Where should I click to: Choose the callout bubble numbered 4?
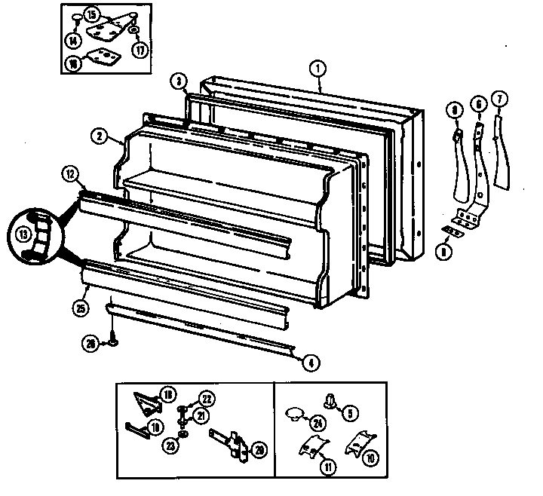(x=309, y=362)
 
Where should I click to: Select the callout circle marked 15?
(x=91, y=14)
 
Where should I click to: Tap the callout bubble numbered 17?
(x=140, y=51)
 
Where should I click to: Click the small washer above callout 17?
(x=133, y=32)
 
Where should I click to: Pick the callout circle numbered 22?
(x=205, y=398)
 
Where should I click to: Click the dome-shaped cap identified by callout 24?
(x=294, y=414)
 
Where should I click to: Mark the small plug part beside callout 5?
(x=329, y=400)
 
